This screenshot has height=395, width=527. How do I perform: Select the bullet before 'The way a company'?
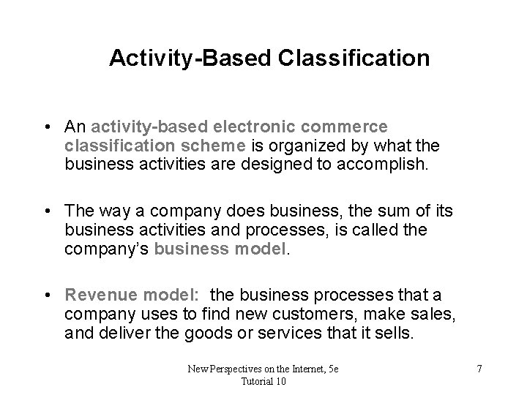pos(46,211)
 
